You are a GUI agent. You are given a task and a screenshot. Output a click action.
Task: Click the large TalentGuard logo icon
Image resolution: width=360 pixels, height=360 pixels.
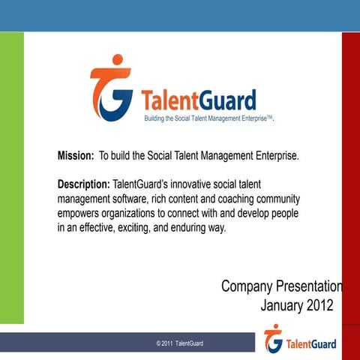(x=112, y=88)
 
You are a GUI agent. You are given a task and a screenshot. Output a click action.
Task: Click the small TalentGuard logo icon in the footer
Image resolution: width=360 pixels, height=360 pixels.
(x=273, y=339)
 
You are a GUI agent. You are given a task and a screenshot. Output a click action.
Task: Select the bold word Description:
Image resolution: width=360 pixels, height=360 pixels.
(x=83, y=184)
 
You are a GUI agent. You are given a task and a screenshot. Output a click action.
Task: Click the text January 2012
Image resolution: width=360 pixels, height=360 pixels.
(x=296, y=305)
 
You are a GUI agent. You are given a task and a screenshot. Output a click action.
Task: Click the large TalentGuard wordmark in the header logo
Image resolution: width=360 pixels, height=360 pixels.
(x=198, y=100)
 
